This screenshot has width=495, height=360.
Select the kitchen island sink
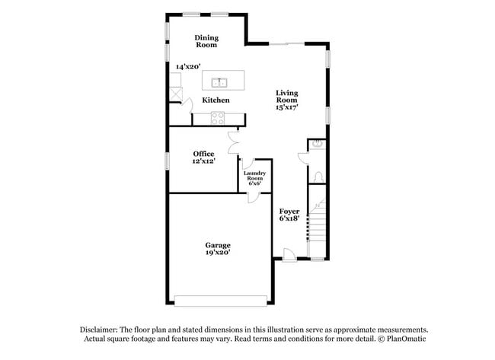(219, 81)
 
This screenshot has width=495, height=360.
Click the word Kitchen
(216, 100)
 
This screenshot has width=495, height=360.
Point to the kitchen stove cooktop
(218, 118)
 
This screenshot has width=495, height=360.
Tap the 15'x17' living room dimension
(287, 107)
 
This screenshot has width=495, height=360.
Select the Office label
(203, 154)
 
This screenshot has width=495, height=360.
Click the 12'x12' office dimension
(203, 161)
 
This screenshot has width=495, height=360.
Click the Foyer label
(289, 211)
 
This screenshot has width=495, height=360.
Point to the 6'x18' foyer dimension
(289, 218)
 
